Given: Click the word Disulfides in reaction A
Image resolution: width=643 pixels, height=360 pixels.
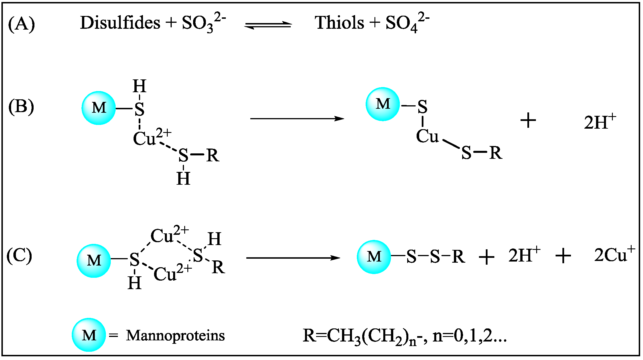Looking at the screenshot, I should pyautogui.click(x=120, y=23).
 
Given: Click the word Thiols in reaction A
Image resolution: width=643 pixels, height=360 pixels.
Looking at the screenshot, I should pyautogui.click(x=339, y=23).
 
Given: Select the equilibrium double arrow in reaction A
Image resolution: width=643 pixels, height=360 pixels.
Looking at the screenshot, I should pyautogui.click(x=268, y=25).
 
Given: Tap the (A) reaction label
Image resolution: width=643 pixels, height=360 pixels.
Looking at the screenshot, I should pyautogui.click(x=21, y=24).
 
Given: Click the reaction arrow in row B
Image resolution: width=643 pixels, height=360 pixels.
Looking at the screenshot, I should pyautogui.click(x=297, y=118).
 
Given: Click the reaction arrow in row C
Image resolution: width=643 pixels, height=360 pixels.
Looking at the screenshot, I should pyautogui.click(x=293, y=258).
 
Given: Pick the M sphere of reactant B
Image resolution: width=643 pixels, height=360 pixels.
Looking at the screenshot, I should pyautogui.click(x=99, y=108).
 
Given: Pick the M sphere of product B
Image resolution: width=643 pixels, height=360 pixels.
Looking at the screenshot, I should pyautogui.click(x=382, y=104).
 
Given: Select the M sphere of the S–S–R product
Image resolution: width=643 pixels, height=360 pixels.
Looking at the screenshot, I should pyautogui.click(x=374, y=257).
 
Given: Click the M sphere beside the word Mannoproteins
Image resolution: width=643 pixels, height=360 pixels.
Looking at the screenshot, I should pyautogui.click(x=89, y=335).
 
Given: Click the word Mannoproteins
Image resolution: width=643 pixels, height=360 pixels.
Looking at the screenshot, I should pyautogui.click(x=175, y=336).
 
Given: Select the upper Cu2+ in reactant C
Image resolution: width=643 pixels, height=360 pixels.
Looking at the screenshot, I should pyautogui.click(x=169, y=235).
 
